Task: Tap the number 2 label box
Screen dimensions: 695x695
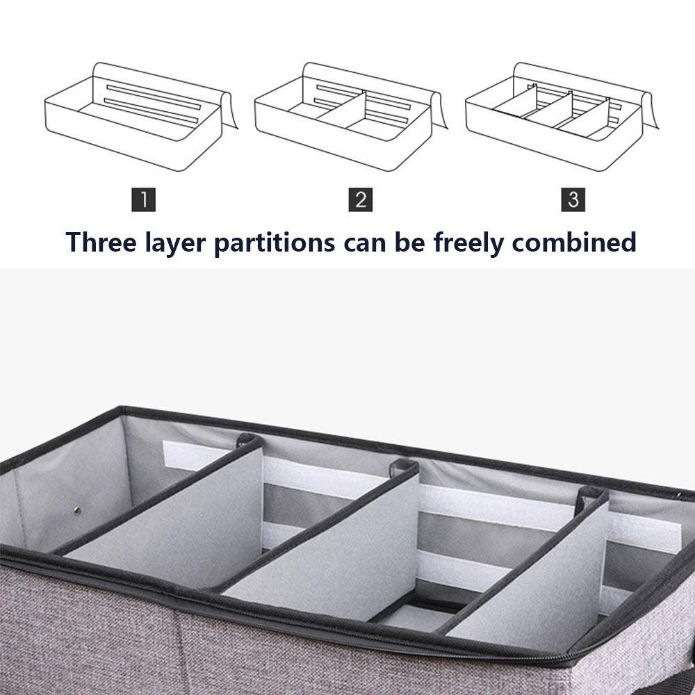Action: click(360, 199)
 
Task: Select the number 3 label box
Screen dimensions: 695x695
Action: click(573, 199)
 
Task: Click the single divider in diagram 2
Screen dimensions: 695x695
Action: click(345, 109)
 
